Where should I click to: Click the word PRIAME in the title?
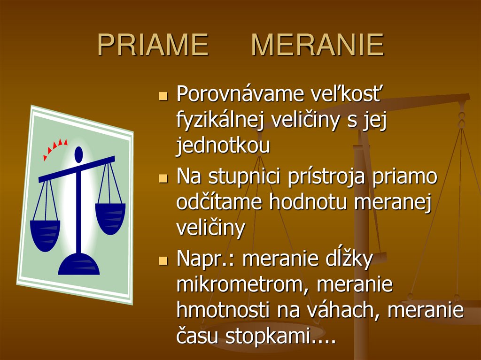coord(153,46)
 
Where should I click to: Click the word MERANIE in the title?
coord(318,46)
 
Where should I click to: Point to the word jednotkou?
coord(223,146)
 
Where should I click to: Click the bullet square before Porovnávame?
coord(163,96)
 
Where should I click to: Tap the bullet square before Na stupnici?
coord(163,178)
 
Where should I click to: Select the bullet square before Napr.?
coord(163,260)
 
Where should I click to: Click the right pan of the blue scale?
coord(110,217)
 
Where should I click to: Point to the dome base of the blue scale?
coord(78,265)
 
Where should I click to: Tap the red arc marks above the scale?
coord(54,147)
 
